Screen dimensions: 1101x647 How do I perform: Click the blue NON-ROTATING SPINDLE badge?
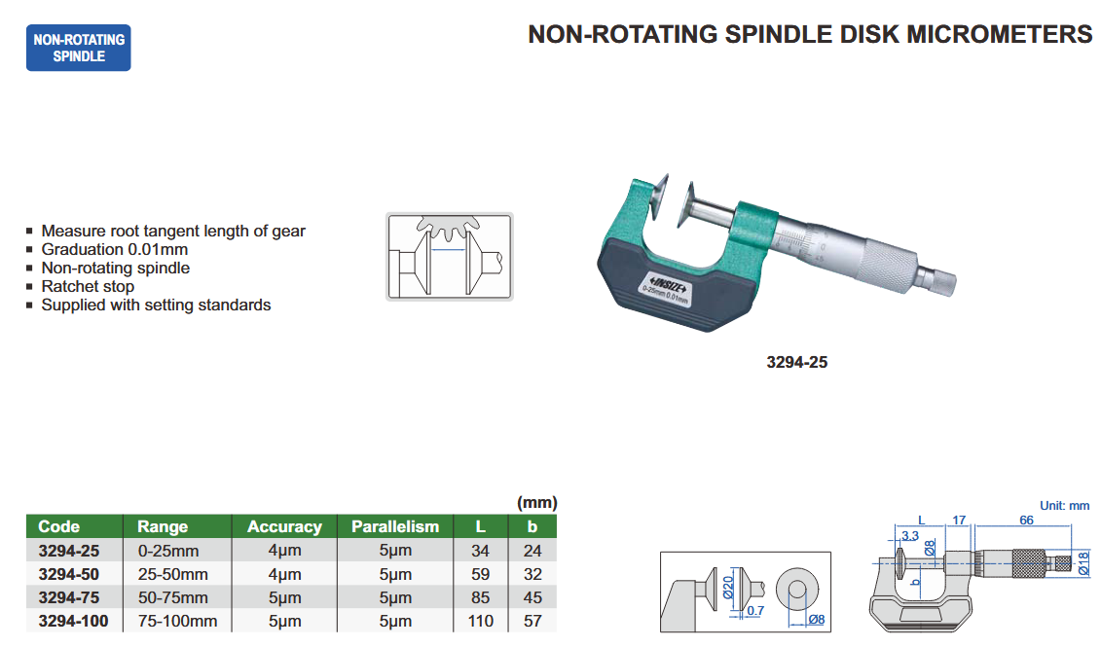79,48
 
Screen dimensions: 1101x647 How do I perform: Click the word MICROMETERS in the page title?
999,34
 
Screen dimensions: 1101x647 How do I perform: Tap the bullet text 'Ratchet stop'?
88,286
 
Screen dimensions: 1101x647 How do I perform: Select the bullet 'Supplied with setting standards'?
156,306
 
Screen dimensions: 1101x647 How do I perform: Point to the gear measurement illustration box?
450,257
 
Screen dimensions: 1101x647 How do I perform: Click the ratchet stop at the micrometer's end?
937,279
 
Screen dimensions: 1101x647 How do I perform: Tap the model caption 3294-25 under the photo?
797,362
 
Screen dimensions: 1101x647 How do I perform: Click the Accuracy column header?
284,526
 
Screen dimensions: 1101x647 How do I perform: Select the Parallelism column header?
395,526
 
